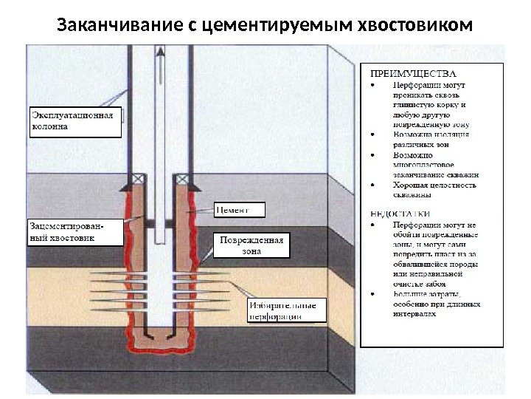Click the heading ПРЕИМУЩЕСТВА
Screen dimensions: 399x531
click(407, 73)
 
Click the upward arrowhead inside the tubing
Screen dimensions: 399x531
click(159, 52)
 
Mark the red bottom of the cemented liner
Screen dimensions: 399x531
click(159, 342)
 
